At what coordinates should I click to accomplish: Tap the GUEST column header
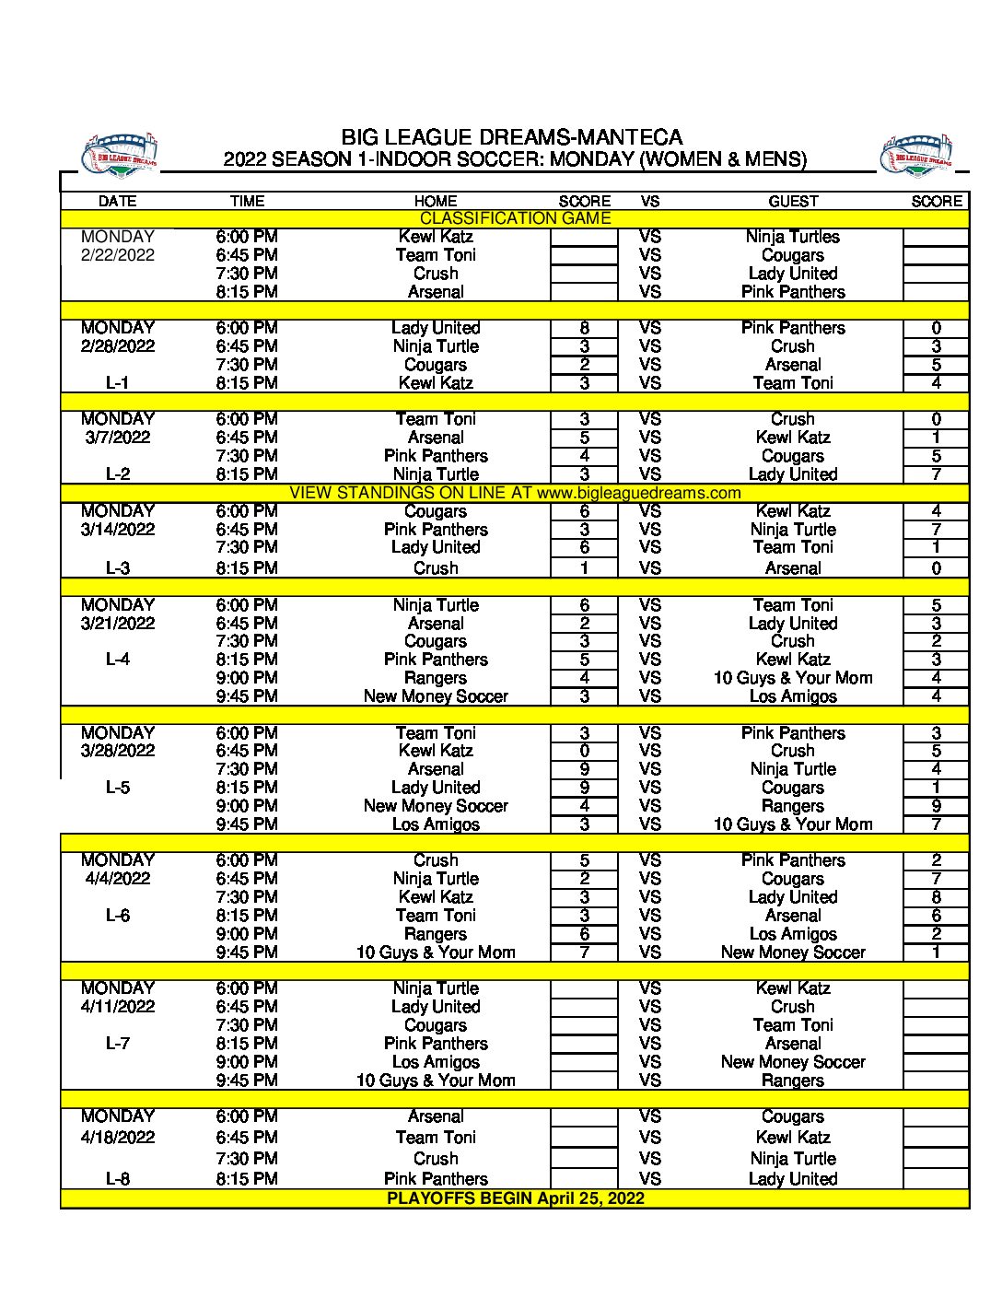(x=793, y=201)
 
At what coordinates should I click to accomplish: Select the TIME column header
(x=247, y=201)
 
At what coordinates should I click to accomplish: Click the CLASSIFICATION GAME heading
(x=515, y=218)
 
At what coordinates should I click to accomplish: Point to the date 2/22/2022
(x=118, y=255)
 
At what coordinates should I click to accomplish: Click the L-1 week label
(x=118, y=383)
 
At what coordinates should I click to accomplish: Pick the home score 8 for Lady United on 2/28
(x=584, y=328)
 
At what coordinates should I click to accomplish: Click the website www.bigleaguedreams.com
(x=638, y=493)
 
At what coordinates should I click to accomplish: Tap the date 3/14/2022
(x=118, y=530)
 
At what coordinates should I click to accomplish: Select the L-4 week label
(x=118, y=660)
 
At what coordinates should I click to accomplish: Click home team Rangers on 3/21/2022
(x=436, y=678)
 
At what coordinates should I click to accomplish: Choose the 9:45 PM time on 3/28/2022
(x=247, y=824)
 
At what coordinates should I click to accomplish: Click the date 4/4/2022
(x=118, y=879)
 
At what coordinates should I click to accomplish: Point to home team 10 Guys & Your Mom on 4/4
(x=436, y=952)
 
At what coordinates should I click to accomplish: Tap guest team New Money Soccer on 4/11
(x=793, y=1062)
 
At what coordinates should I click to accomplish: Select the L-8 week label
(x=118, y=1179)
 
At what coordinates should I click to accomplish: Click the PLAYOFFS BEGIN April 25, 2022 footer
(x=515, y=1198)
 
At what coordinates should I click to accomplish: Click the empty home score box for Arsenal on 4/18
(x=584, y=1117)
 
